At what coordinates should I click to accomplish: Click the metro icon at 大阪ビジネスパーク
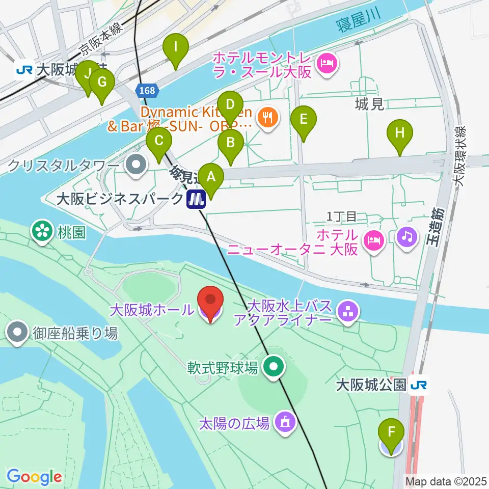196,199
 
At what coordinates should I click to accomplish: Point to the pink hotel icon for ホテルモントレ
324,64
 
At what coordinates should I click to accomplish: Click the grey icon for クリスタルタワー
136,165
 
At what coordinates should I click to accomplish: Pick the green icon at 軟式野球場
274,366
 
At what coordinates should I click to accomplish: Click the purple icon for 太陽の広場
285,422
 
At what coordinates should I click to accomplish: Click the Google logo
34,477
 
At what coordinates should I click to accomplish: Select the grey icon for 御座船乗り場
18,333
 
